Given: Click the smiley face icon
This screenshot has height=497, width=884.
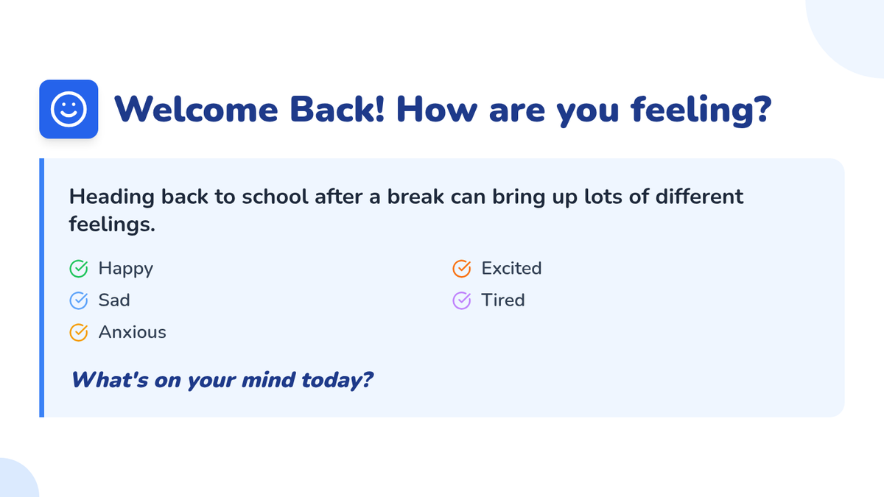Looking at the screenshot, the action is pos(69,109).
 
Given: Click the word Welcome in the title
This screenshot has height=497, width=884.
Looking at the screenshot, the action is pos(196,109).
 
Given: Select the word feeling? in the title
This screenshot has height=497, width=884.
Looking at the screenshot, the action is pos(701,111).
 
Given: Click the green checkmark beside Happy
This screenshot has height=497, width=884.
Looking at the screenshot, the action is pos(79,269).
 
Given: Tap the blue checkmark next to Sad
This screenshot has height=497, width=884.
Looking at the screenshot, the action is pos(79,300).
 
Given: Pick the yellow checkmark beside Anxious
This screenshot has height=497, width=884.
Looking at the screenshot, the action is pos(79,333).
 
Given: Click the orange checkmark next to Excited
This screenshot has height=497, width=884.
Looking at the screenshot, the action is pos(461,269).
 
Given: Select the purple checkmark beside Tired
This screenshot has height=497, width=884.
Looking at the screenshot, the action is pos(461,300).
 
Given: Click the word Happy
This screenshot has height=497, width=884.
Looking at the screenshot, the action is pos(125,269).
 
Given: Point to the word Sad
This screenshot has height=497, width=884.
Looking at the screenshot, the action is pos(114,300).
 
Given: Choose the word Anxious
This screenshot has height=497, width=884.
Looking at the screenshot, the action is pos(132,332).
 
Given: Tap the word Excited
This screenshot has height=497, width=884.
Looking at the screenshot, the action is pos(511,268).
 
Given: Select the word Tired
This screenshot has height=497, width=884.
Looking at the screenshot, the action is pos(503,300).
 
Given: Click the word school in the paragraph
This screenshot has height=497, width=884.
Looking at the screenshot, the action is pos(275,197).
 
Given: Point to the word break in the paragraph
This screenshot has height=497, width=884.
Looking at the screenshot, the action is pos(415,197).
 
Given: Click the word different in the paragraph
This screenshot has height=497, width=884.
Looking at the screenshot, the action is pos(699,197).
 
